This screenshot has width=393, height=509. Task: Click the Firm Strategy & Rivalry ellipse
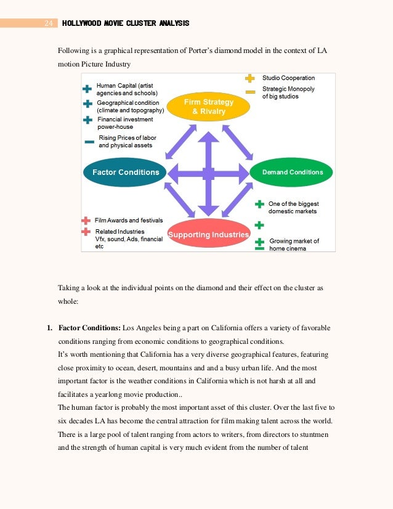[x=208, y=105]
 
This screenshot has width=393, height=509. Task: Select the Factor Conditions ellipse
[x=125, y=173]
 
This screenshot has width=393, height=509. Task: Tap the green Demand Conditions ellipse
[x=292, y=173]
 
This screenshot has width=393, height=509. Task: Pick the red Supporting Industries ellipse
[x=208, y=234]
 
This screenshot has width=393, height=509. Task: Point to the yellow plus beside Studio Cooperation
[x=250, y=78]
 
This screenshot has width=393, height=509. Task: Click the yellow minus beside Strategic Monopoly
[x=250, y=92]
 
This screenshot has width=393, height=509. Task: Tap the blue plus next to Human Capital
[x=87, y=89]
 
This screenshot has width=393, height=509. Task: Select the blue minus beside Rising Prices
[x=89, y=142]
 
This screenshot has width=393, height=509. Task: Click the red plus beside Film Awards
[x=86, y=220]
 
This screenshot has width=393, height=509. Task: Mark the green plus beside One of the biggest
[x=259, y=204]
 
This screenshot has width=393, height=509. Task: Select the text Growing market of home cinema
[x=294, y=245]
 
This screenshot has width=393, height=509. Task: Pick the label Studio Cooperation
[x=288, y=78]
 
